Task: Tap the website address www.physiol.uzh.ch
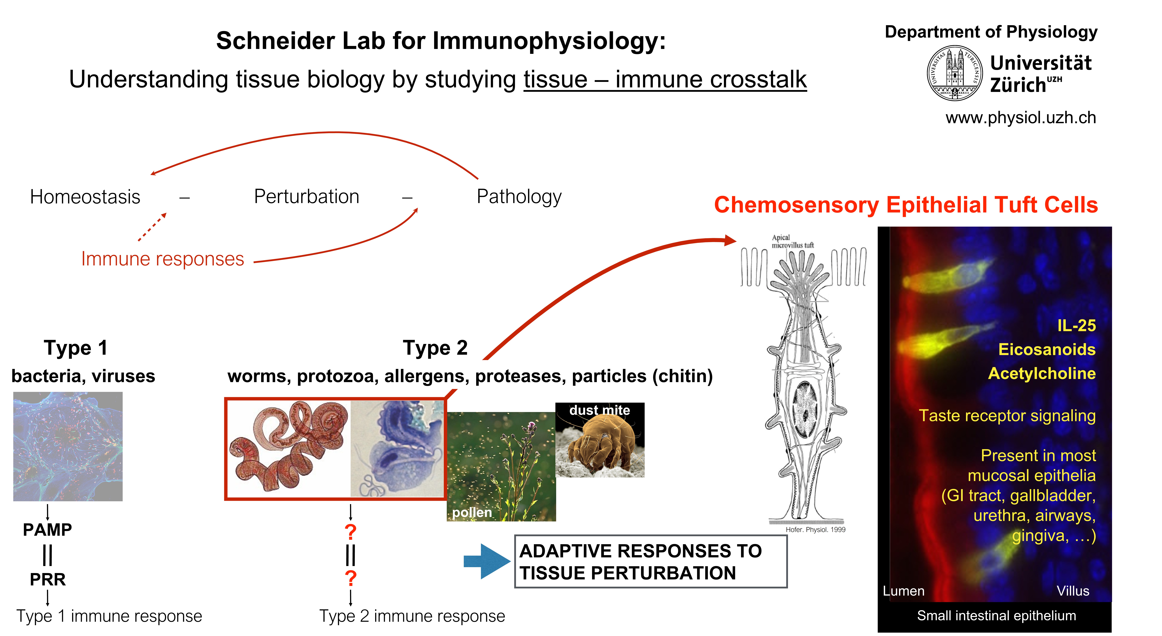pyautogui.click(x=1020, y=118)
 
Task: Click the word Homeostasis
pyautogui.click(x=85, y=197)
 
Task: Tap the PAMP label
pyautogui.click(x=47, y=530)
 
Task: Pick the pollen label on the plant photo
pyautogui.click(x=472, y=512)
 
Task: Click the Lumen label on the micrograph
pyautogui.click(x=904, y=591)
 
